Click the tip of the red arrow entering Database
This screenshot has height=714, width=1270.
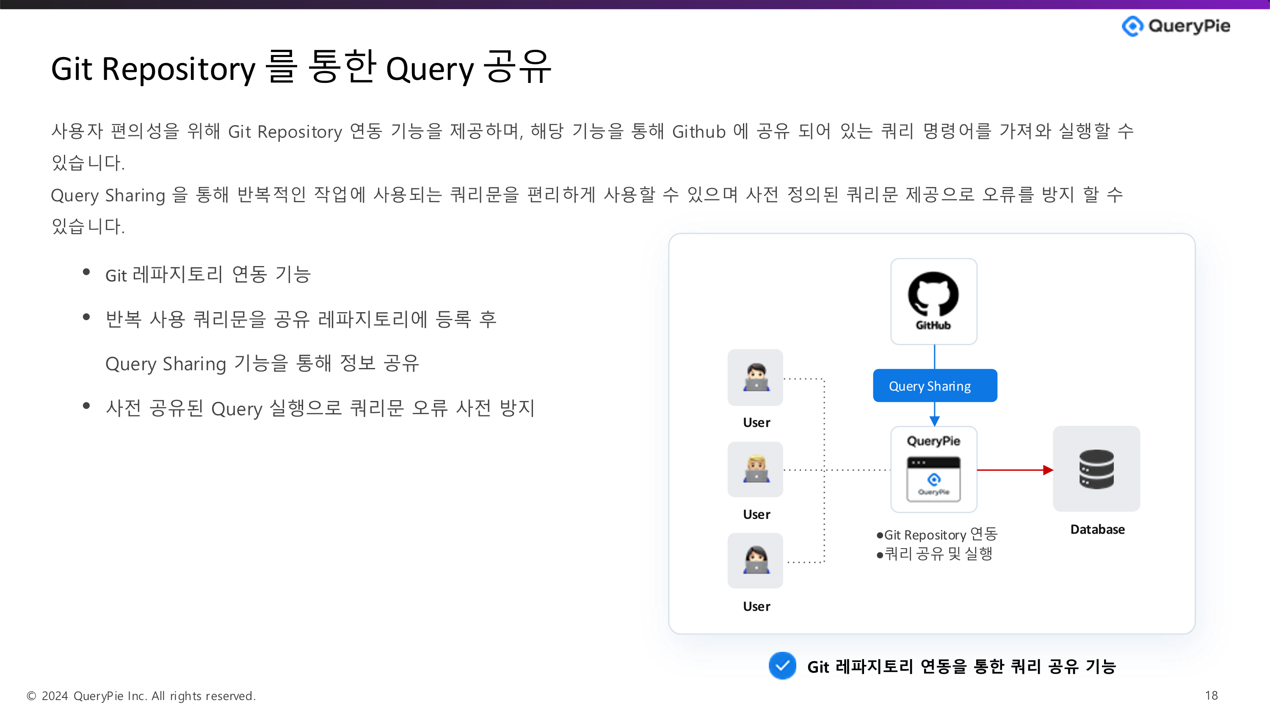[1053, 470]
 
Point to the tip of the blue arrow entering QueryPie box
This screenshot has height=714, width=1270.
[934, 426]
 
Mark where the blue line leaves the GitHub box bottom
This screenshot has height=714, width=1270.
[934, 344]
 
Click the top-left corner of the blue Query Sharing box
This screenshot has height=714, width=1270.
[874, 370]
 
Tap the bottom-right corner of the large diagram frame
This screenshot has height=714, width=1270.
[1195, 633]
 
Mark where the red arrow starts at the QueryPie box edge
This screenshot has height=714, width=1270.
[977, 470]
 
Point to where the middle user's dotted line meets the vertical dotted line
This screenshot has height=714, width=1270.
[824, 470]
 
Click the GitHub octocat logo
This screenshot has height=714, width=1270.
[933, 294]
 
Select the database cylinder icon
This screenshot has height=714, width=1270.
[1096, 469]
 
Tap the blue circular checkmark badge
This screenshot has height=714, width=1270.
[782, 666]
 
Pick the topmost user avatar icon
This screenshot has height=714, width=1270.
[756, 377]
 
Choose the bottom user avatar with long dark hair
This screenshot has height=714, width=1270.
[756, 560]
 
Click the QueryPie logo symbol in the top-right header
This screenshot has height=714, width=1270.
[1132, 26]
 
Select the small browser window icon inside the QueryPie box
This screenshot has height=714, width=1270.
[933, 479]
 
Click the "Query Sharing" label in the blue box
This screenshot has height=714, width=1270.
[930, 386]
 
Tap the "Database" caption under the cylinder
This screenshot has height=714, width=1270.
[1097, 530]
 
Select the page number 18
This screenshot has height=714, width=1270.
[1211, 695]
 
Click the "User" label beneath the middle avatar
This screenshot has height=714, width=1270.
[756, 514]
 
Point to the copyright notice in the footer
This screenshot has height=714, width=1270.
[141, 696]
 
